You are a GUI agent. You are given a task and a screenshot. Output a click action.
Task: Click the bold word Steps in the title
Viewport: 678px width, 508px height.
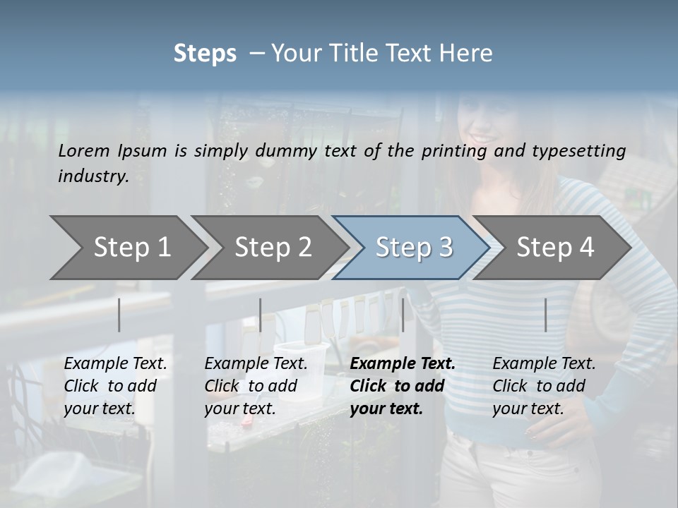pos(205,54)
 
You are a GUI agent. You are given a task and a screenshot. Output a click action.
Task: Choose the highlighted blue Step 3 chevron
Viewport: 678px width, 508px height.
pos(414,248)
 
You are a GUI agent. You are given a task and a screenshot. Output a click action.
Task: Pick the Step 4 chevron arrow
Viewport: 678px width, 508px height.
pos(555,248)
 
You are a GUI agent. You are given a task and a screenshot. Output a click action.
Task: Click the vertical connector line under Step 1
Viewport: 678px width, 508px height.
pos(119,315)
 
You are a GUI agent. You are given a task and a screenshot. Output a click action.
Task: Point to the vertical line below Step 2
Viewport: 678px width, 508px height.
pos(261,315)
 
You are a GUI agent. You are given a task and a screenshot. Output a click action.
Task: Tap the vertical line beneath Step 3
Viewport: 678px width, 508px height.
pos(403,315)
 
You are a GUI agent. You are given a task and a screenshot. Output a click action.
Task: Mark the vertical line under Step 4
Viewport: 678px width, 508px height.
pos(546,315)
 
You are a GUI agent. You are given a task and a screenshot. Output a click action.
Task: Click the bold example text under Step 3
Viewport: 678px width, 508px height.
pos(403,386)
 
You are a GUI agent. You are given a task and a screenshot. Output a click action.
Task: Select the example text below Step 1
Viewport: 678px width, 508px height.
pos(115,386)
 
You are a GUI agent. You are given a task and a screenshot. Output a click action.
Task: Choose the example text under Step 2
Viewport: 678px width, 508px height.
pos(256,386)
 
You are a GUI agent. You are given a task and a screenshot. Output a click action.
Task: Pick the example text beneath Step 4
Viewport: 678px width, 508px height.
pos(544,386)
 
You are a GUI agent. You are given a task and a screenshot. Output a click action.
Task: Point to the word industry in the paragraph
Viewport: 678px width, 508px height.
pos(93,176)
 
